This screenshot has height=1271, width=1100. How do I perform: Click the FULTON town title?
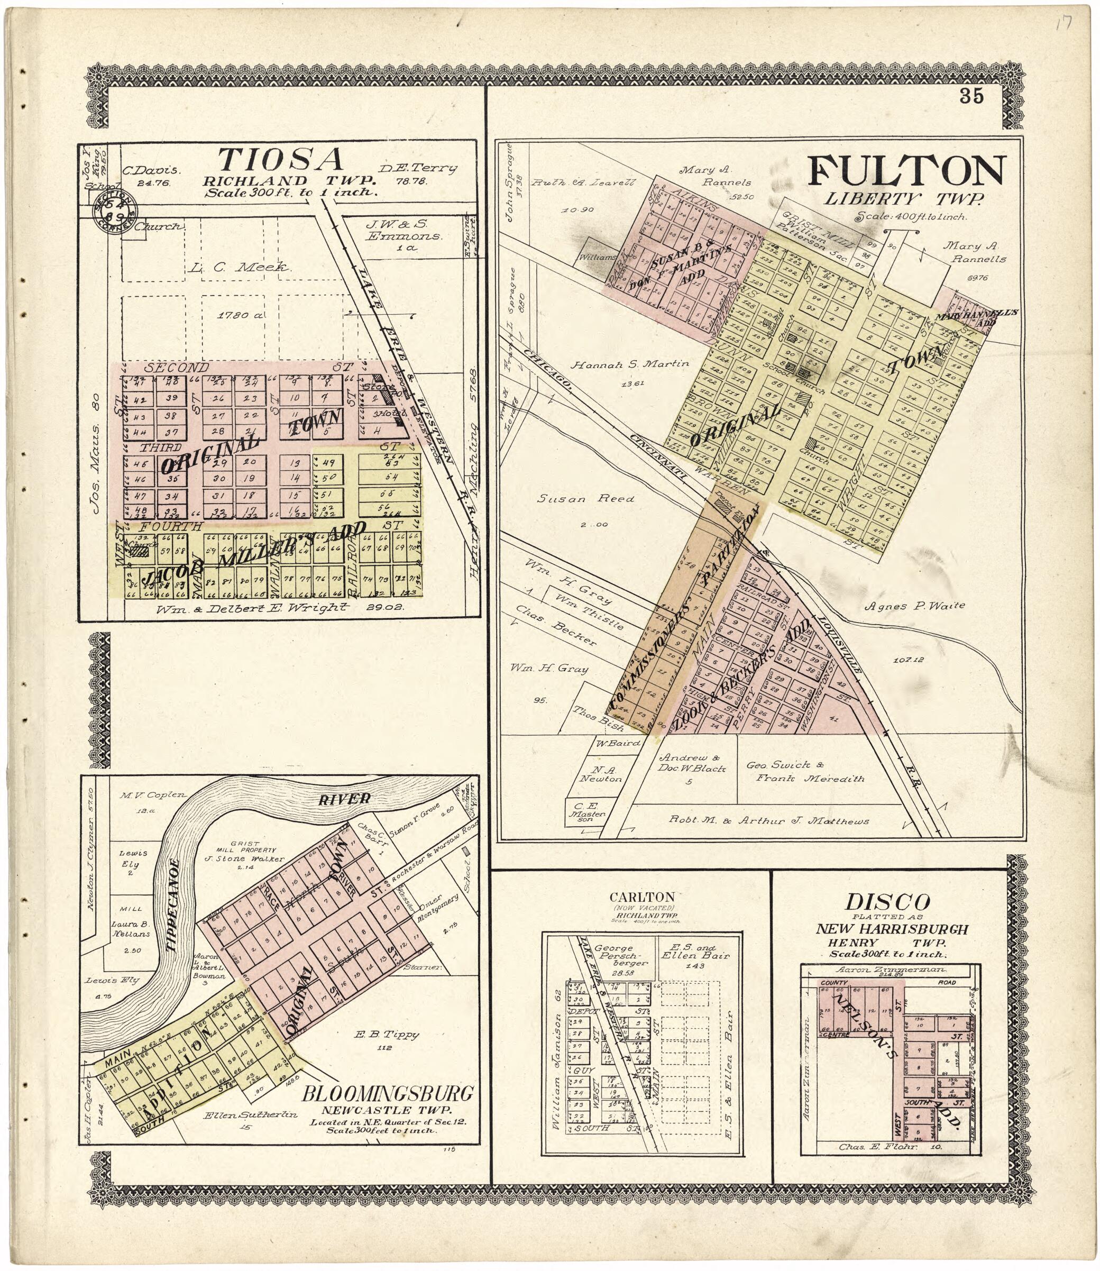[906, 171]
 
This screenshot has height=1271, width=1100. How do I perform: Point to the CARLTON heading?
[643, 897]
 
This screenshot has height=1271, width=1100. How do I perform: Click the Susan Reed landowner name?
[585, 499]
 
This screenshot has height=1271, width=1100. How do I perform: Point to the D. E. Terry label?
[418, 168]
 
